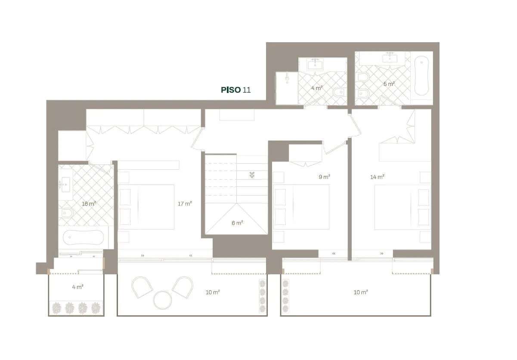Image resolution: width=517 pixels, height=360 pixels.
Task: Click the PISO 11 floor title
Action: click(235, 90)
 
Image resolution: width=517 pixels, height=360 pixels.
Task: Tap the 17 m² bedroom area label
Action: click(185, 204)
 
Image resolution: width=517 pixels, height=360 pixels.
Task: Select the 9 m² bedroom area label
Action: click(324, 177)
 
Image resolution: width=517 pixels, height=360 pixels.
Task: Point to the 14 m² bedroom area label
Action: click(378, 177)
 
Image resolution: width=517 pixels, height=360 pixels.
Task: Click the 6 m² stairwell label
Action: click(237, 223)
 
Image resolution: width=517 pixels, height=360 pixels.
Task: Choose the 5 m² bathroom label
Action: click(389, 84)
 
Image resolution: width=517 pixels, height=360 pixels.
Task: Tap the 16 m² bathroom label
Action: click(89, 204)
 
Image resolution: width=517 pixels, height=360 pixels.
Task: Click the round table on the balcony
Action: click(162, 300)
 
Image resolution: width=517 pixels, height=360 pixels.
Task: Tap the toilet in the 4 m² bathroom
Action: click(340, 91)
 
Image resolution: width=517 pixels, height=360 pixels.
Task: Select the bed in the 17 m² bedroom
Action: click(146, 207)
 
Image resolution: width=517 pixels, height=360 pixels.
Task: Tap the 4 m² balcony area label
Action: click(77, 287)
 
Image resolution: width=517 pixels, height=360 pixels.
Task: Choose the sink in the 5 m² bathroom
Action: click(390, 58)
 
